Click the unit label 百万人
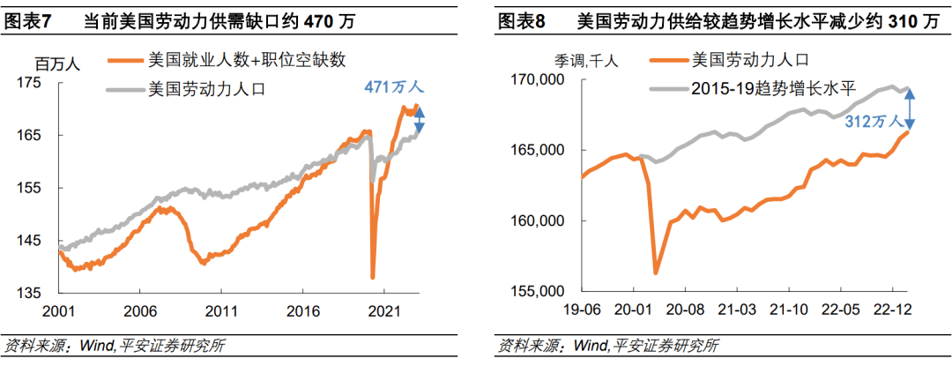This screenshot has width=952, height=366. pyautogui.click(x=58, y=63)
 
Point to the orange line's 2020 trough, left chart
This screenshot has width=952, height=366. pyautogui.click(x=373, y=277)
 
